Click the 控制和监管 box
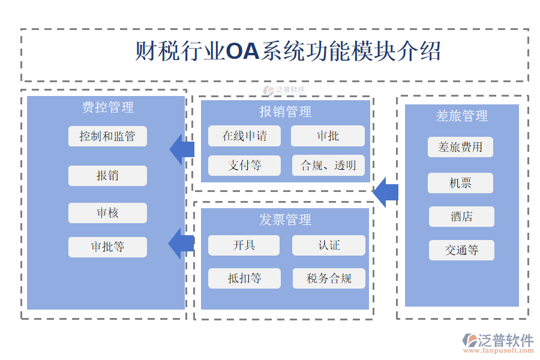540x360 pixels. click(107, 136)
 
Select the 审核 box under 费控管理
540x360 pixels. click(107, 213)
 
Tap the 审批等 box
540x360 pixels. click(107, 247)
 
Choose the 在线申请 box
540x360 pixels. click(244, 136)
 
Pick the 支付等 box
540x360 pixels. click(244, 166)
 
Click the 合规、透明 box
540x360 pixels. click(328, 166)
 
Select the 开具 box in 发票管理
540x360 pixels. click(244, 245)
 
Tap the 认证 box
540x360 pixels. click(329, 245)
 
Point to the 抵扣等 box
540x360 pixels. click(244, 278)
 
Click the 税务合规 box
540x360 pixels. click(329, 278)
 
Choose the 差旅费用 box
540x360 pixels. click(460, 147)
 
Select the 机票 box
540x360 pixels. click(460, 183)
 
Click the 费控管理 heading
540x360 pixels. click(107, 107)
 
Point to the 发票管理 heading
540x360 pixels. click(285, 220)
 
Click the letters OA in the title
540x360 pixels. click(242, 51)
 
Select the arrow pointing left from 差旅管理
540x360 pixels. click(385, 192)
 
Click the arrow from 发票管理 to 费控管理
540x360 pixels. click(181, 243)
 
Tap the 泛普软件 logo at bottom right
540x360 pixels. click(499, 343)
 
